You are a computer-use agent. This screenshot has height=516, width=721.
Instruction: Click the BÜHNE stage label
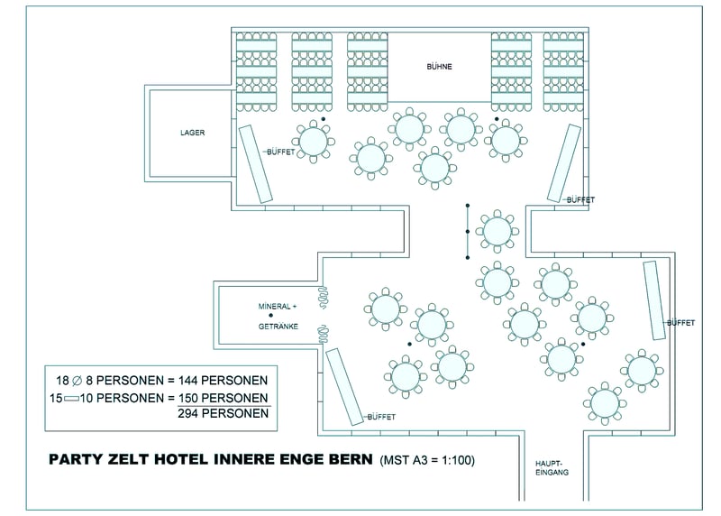coord(439,66)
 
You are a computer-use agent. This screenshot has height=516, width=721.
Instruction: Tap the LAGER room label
coord(192,133)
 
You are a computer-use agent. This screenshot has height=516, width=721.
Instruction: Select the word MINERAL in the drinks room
coord(275,307)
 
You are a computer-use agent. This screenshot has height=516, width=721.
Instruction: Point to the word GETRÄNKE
coord(278,327)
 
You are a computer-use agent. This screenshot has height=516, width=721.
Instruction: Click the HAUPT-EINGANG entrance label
coord(552,468)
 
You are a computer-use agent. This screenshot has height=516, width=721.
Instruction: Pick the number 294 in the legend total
coord(188,413)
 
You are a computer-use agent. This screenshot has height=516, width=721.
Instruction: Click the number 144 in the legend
coord(188,381)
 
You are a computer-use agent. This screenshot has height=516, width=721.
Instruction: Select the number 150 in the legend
coord(188,398)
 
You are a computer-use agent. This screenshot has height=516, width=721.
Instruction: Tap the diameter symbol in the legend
coord(78,381)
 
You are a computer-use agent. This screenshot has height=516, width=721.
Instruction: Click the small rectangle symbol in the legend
coord(71,399)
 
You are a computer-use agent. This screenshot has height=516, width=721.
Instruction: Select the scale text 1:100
coord(456,460)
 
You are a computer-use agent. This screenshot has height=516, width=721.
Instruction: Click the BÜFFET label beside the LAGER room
coord(281,152)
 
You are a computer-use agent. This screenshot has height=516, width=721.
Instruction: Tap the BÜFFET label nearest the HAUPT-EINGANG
coord(381,417)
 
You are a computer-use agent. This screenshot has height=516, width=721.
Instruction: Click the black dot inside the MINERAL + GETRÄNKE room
coord(271,316)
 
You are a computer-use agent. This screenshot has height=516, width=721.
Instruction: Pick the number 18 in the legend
coord(62,381)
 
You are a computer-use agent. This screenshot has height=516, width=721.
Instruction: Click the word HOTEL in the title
coord(181,459)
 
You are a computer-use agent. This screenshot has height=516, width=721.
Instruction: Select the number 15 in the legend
coord(56,398)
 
